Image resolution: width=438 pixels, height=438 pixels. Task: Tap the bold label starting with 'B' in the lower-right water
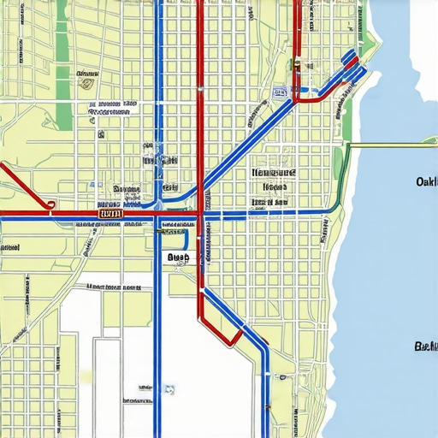(x=424, y=346)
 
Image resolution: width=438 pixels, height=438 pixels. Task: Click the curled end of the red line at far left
(x=50, y=204)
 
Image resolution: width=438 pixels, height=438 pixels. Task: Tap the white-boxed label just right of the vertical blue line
(x=178, y=257)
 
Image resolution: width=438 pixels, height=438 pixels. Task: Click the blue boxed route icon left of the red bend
(x=279, y=91)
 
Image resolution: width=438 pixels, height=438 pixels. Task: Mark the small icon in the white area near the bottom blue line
(x=170, y=389)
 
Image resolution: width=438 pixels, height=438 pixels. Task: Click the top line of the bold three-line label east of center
(x=274, y=172)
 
